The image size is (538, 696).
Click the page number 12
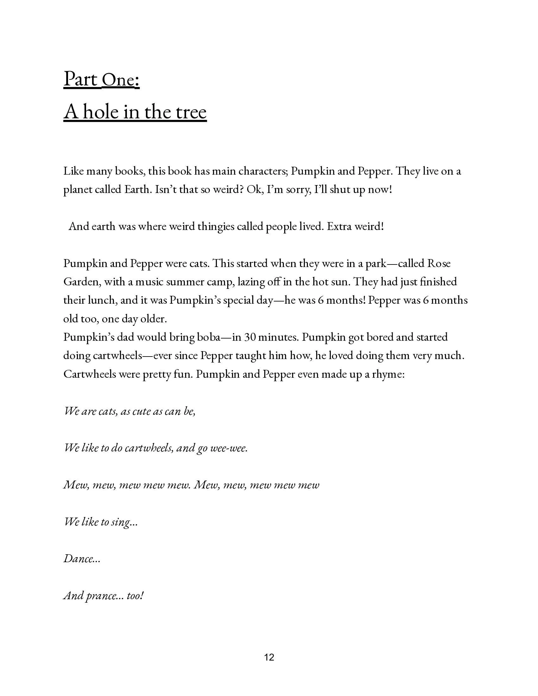point(269,657)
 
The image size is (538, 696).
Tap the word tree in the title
point(190,112)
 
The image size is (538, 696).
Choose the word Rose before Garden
point(439,264)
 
